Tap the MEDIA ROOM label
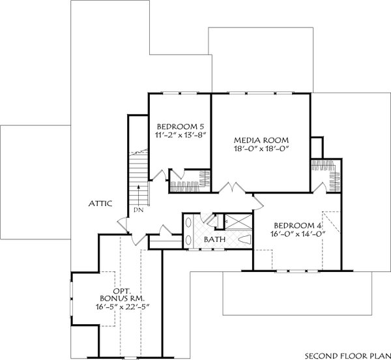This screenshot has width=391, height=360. pyautogui.click(x=261, y=140)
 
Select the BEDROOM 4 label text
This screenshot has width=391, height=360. pyautogui.click(x=297, y=225)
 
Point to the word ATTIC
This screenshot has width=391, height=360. pyautogui.click(x=100, y=204)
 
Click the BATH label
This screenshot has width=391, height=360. pyautogui.click(x=214, y=240)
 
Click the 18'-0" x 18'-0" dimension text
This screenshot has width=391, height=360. pyautogui.click(x=261, y=149)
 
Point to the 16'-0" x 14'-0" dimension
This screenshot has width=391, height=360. pyautogui.click(x=297, y=235)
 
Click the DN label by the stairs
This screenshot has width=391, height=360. pyautogui.click(x=138, y=210)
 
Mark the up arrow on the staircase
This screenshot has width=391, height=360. pyautogui.click(x=138, y=196)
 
